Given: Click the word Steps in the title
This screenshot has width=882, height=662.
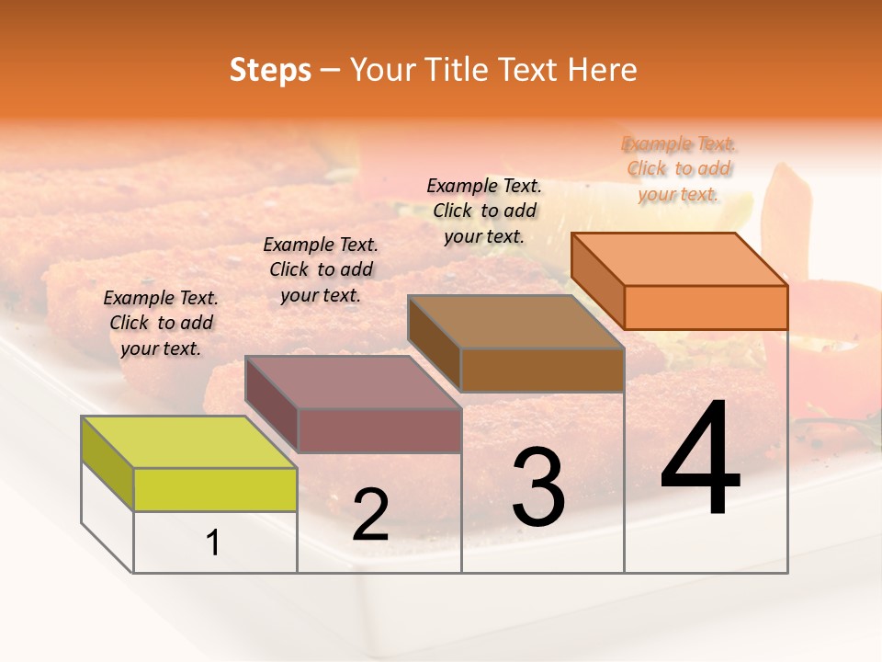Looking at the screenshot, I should point(270,70).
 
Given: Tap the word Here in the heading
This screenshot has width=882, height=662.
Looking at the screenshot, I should point(602,70).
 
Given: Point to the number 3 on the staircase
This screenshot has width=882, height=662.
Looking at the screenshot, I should point(538,487).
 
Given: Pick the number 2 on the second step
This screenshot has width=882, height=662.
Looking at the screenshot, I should point(370,515).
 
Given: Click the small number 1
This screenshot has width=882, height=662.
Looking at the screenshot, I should point(213,543).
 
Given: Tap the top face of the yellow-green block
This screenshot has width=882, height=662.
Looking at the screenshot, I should point(189,442).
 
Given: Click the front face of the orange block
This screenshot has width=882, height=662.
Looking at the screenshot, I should point(706,307).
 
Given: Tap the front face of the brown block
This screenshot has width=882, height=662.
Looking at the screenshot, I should point(542,370).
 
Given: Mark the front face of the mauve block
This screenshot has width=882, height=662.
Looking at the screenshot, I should point(379,430).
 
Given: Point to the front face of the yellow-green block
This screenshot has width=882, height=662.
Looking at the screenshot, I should point(215,489).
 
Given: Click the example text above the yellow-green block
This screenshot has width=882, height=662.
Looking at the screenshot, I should point(161,323).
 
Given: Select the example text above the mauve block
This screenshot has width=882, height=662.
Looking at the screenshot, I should point(321,269).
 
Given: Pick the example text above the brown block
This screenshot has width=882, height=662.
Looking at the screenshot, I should point(484,211).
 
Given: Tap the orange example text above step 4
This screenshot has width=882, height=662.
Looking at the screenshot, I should point(679,168).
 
